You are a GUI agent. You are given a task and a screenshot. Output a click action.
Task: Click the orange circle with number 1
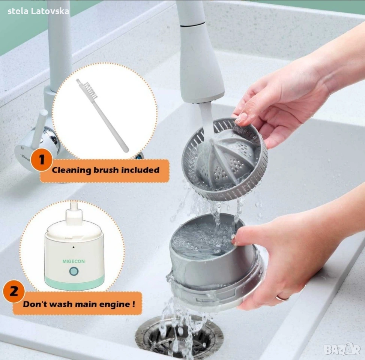(41, 160)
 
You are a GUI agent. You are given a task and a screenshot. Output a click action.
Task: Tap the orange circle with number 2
(14, 291)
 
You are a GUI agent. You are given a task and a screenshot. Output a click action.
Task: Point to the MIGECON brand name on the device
(74, 261)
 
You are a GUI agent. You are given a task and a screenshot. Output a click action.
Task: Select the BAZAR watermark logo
(342, 349)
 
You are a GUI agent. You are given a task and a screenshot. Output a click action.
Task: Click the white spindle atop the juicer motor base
(74, 212)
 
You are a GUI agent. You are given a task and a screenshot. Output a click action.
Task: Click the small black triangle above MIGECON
(74, 247)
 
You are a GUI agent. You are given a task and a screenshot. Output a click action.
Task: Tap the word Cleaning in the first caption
(72, 170)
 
